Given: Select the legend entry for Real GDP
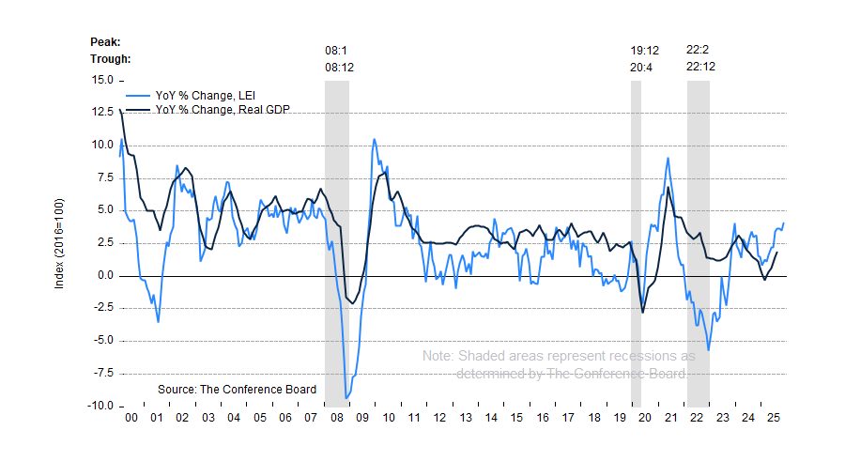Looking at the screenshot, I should click(x=222, y=110).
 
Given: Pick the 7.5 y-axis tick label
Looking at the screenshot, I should click(x=102, y=177).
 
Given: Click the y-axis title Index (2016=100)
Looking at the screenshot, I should click(x=60, y=242).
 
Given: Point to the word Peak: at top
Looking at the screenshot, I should click(x=105, y=41).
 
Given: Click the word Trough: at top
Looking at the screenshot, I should click(x=110, y=58).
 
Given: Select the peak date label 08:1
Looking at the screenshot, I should click(x=337, y=50).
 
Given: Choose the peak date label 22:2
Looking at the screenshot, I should click(x=698, y=50).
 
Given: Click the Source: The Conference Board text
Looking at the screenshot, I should click(x=237, y=389).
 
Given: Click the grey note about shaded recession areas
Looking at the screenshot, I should click(x=559, y=365).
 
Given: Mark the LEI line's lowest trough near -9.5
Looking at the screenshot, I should click(x=347, y=397).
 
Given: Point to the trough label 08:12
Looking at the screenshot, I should click(x=340, y=67).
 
